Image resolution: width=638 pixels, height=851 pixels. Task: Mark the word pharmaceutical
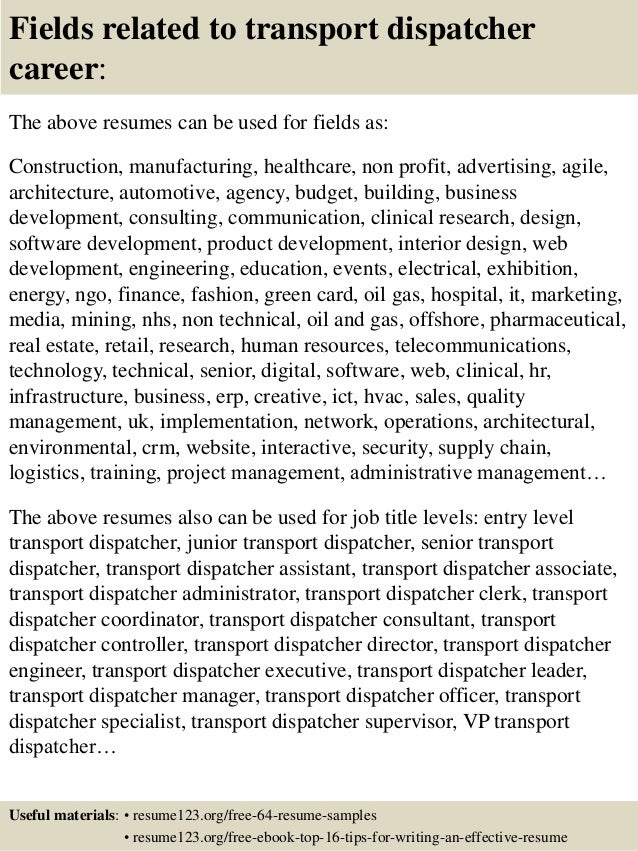[554, 322]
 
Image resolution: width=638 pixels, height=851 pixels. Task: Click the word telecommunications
[484, 348]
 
